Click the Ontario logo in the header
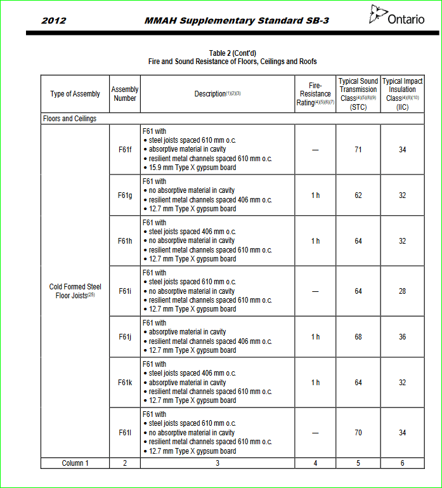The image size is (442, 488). pyautogui.click(x=398, y=16)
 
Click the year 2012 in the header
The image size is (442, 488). pyautogui.click(x=54, y=21)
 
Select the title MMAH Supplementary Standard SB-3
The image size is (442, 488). pyautogui.click(x=237, y=21)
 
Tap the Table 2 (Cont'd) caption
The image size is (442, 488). pyautogui.click(x=232, y=53)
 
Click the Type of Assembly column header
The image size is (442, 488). pyautogui.click(x=75, y=94)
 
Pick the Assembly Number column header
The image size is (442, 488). pyautogui.click(x=125, y=94)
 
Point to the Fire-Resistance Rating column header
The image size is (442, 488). pyautogui.click(x=315, y=94)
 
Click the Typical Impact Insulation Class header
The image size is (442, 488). pyautogui.click(x=403, y=94)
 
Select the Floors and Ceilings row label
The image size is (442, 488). pyautogui.click(x=70, y=119)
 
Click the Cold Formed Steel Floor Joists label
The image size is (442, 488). pyautogui.click(x=75, y=291)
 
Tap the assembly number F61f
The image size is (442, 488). pyautogui.click(x=125, y=150)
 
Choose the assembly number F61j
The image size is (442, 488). pyautogui.click(x=125, y=337)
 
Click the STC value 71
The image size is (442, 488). pyautogui.click(x=358, y=150)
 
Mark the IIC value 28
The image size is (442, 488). pyautogui.click(x=403, y=291)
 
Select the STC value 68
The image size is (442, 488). pyautogui.click(x=358, y=337)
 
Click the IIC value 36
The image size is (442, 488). pyautogui.click(x=403, y=337)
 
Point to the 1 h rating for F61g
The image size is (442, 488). pyautogui.click(x=315, y=195)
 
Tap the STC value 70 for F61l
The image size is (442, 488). pyautogui.click(x=358, y=433)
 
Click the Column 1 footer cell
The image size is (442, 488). pyautogui.click(x=75, y=463)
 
